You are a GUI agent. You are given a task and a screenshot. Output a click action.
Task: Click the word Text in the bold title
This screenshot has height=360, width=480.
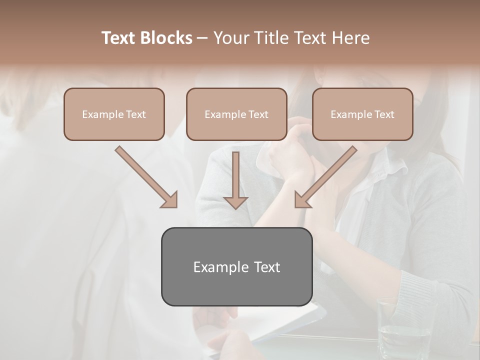point(119,38)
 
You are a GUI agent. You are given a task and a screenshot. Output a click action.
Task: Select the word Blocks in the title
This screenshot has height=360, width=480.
point(166,38)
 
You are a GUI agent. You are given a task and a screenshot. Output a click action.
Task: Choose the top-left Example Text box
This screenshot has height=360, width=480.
point(114,114)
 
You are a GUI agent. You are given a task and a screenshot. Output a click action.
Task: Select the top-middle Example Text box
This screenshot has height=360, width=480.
point(236,114)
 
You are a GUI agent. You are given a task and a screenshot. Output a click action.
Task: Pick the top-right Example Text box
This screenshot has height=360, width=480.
point(362,114)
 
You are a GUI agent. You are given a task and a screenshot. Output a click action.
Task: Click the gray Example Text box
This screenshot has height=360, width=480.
point(236,266)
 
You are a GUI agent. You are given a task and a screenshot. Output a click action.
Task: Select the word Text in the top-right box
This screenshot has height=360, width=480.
point(384,114)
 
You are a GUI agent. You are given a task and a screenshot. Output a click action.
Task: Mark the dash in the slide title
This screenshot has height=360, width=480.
point(202,38)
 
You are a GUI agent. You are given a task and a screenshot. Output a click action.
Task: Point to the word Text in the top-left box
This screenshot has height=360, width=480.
point(135,114)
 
